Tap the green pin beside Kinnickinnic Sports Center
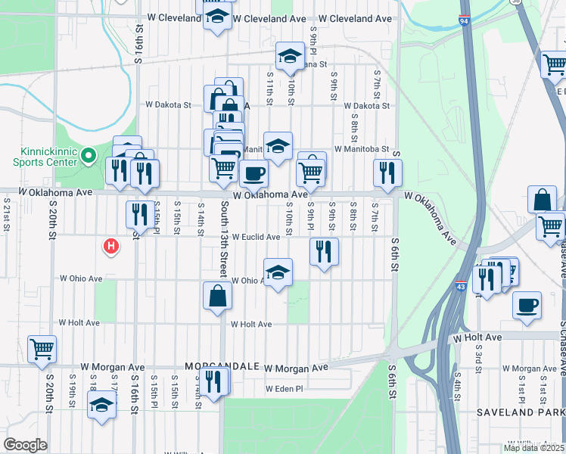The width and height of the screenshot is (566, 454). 88,157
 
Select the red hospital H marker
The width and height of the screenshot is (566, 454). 111,247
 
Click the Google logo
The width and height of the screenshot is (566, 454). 25,445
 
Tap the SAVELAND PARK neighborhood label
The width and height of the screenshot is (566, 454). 521,412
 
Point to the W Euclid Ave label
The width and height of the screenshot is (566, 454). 256,237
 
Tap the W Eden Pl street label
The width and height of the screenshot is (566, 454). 284,389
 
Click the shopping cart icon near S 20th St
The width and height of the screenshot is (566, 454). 42,349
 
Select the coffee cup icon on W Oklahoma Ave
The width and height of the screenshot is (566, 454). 253,173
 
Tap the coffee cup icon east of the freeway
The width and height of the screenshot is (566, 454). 527,305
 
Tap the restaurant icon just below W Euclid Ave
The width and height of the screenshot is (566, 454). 325,251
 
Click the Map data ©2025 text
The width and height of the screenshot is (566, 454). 533,448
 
